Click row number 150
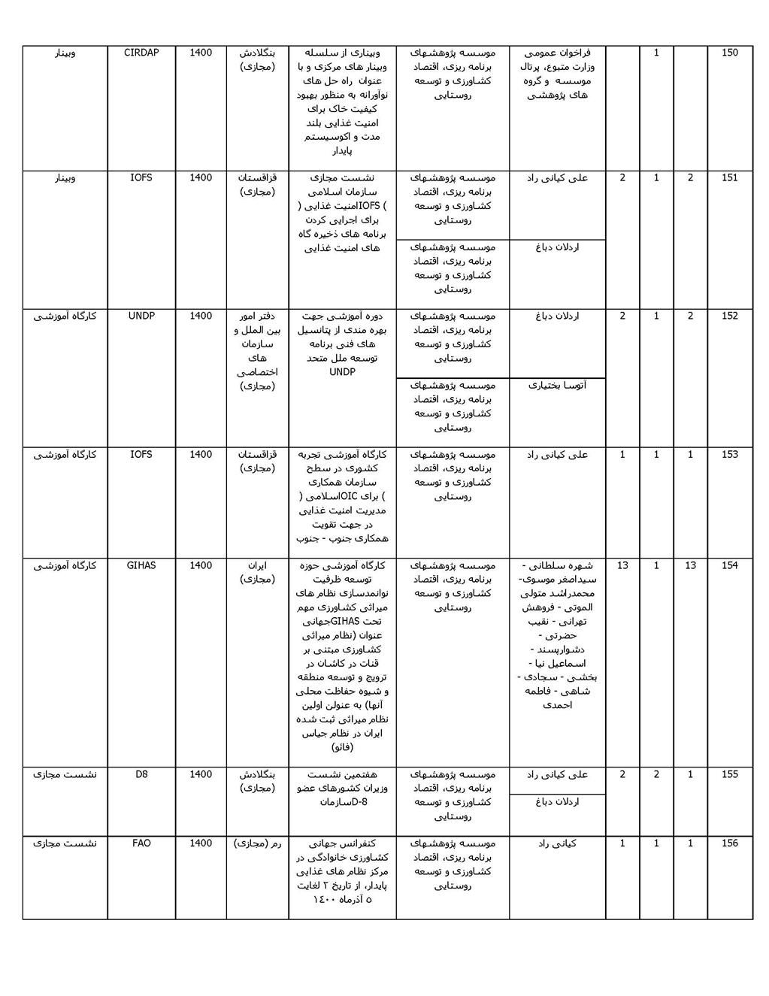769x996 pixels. pos(729,53)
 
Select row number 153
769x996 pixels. pos(729,454)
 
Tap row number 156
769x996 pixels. pos(729,843)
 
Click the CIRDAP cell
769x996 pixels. pos(141,53)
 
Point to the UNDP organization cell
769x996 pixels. pos(141,316)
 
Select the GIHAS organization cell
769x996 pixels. pos(141,565)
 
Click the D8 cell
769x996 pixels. pos(141,774)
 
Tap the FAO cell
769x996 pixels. pos(141,843)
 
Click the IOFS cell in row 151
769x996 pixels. pos(141,177)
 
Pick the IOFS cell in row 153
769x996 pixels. pos(141,454)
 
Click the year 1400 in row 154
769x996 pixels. pos(201,565)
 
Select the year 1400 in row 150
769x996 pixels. pos(201,53)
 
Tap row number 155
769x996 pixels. pos(729,774)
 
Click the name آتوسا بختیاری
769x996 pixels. pos(558,386)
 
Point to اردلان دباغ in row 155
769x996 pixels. pos(558,802)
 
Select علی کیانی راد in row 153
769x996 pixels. pos(558,454)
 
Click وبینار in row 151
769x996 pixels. pos(65,177)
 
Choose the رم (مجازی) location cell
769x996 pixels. pos(257,843)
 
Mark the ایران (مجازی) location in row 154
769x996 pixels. pos(257,572)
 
